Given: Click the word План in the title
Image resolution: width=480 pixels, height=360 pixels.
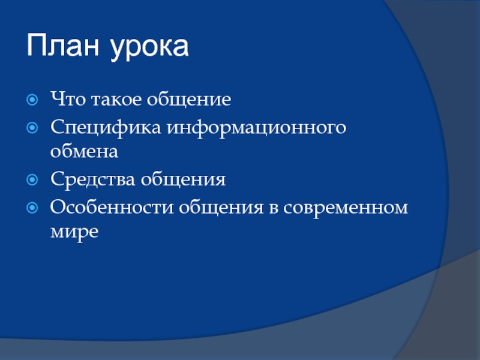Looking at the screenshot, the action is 63,45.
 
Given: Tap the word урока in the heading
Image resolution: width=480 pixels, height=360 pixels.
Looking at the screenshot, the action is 149,48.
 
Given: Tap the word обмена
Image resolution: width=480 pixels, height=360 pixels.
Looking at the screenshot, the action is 84,151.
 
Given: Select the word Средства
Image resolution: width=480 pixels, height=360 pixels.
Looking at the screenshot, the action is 93,179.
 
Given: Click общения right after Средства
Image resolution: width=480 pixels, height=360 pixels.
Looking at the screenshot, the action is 184,179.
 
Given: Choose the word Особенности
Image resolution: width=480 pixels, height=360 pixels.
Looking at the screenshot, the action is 112,207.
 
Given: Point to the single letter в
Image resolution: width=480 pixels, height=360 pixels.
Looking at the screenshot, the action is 274,208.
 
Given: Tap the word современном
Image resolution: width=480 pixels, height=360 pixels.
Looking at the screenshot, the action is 346,208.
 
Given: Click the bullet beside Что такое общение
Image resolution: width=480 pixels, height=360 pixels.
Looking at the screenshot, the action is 32,100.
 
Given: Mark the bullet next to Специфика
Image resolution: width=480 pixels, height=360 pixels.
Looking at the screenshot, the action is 32,128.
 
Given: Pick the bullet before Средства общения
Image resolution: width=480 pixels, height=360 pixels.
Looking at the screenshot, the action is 32,179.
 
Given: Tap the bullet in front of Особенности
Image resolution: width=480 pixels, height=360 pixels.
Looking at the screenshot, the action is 32,208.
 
